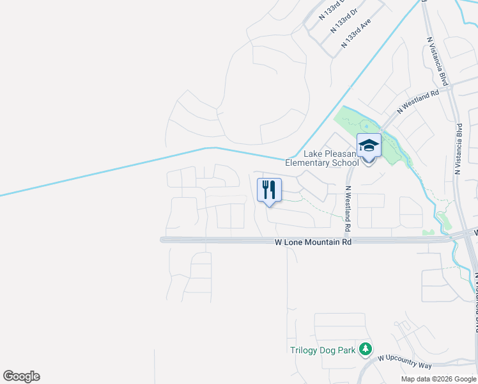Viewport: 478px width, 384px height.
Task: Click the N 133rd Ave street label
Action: click(x=356, y=33)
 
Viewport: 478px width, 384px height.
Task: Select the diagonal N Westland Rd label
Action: click(x=418, y=102)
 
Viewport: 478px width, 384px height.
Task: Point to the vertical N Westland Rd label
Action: click(x=348, y=209)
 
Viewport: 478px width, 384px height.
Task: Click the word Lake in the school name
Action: click(x=314, y=154)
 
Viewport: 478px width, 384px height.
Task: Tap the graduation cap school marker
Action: click(x=369, y=146)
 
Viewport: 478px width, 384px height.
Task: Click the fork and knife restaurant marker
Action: click(x=268, y=190)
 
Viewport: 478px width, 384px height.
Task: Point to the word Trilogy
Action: click(x=304, y=350)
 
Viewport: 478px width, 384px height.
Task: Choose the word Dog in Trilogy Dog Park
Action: click(x=329, y=350)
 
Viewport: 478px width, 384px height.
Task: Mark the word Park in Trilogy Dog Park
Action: click(x=347, y=350)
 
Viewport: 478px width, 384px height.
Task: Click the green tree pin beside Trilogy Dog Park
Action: click(x=365, y=349)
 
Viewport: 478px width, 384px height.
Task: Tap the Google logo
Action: click(x=21, y=376)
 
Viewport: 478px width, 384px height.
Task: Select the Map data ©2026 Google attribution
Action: click(x=438, y=379)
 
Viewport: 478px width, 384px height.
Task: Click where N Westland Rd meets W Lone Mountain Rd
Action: click(x=348, y=240)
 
